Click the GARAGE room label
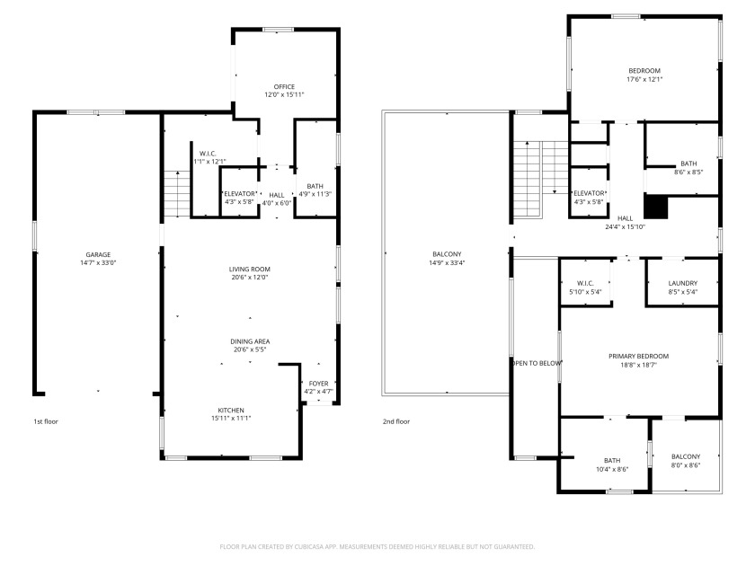[x=99, y=254]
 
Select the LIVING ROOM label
[x=249, y=270]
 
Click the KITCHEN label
[x=230, y=410]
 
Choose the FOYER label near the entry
[x=319, y=384]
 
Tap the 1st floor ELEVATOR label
[x=240, y=194]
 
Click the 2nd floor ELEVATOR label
[x=589, y=194]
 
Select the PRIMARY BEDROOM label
[x=638, y=356]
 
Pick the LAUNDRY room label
[x=683, y=284]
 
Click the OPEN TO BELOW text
[x=537, y=363]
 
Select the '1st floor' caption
[x=46, y=421]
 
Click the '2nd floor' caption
[x=395, y=421]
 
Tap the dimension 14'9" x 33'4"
[x=447, y=263]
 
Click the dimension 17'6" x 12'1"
[x=644, y=79]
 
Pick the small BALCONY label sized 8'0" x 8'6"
[x=685, y=456]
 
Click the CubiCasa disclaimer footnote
[x=377, y=546]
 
